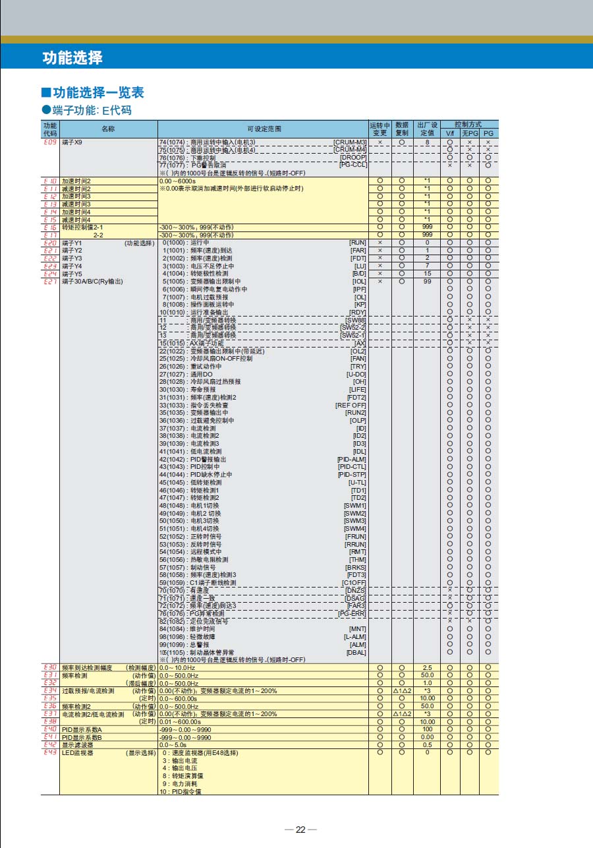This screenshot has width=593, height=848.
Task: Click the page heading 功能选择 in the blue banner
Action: coord(72,58)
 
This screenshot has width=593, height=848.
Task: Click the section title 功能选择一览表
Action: coord(98,92)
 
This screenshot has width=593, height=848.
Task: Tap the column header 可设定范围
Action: coord(264,129)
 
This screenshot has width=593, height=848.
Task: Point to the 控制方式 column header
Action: coord(468,124)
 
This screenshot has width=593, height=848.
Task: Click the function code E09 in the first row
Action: coord(50,142)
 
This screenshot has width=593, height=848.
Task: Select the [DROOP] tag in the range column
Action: coord(353,158)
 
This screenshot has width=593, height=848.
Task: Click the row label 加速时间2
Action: coord(76,181)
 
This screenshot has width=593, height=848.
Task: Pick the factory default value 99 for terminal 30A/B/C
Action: coord(427,282)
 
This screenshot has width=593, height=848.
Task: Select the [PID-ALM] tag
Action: coord(352,459)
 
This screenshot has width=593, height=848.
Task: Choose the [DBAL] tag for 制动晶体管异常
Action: coord(356,652)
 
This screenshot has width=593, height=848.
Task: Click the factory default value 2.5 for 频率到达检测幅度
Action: coord(427,668)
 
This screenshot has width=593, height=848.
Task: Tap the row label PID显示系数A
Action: coord(82,729)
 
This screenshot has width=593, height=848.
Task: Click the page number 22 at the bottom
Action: coord(300,830)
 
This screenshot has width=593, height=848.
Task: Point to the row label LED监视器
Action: coord(78,752)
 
